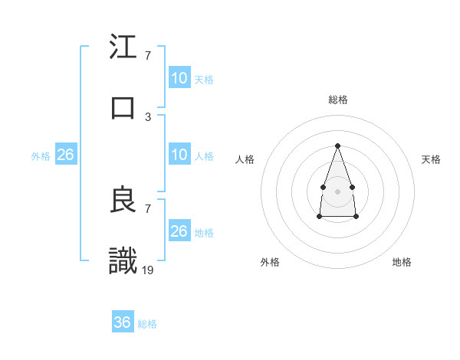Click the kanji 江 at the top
coord(123,47)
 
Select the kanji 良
coord(123,201)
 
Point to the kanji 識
coord(123,260)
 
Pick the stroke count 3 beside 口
coord(148,116)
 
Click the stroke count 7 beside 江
coord(148,56)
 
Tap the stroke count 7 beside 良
coord(148,208)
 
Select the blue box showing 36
coord(123,322)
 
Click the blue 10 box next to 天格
coord(179,78)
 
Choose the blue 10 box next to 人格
coord(179,155)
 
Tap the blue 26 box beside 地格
coord(179,231)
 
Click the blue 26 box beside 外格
coord(65,155)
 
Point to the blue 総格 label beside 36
coord(147,324)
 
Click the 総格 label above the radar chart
coord(337,100)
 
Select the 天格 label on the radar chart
coord(431,159)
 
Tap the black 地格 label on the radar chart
coord(402,262)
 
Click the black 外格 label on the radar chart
coord(270,262)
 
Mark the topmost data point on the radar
coord(337,146)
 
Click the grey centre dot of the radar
coord(337,191)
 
